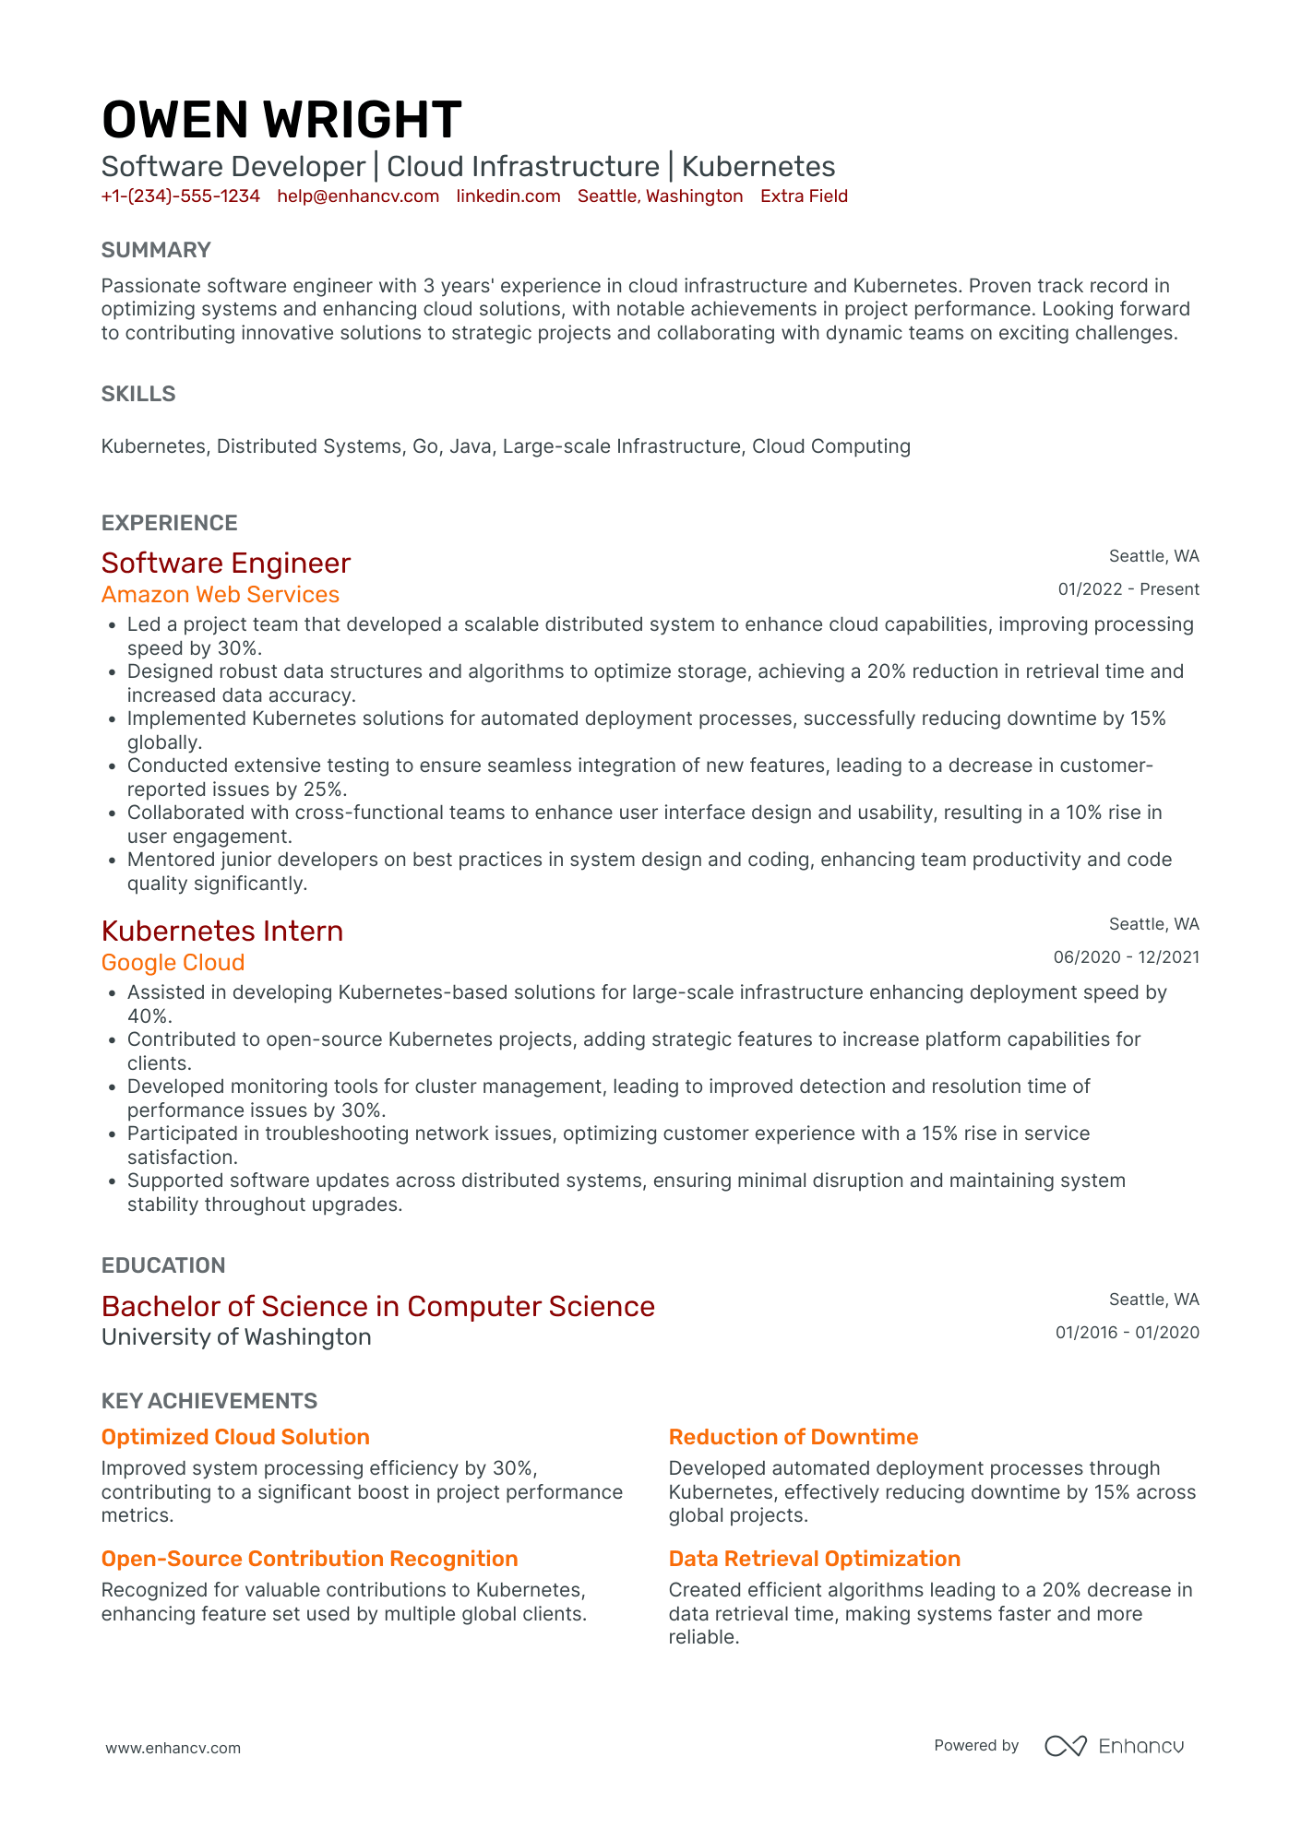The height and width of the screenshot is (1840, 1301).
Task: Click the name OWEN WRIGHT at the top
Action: click(x=281, y=121)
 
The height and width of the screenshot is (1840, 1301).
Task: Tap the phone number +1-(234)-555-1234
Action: click(x=181, y=196)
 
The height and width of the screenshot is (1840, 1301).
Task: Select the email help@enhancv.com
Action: click(x=358, y=196)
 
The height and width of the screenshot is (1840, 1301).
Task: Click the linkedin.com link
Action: click(x=508, y=196)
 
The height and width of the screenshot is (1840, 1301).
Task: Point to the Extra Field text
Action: click(x=804, y=196)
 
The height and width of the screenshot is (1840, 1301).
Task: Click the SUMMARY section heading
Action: click(x=156, y=250)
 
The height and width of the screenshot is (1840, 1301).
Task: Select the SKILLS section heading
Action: click(x=138, y=394)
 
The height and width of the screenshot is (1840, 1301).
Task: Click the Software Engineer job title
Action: click(x=226, y=563)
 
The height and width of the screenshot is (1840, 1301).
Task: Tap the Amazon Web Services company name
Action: click(x=221, y=595)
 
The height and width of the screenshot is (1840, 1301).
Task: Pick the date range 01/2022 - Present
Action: click(x=1128, y=589)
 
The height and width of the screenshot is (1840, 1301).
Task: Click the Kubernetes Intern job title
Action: click(x=222, y=931)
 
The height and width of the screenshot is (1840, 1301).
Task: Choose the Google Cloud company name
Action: click(x=173, y=963)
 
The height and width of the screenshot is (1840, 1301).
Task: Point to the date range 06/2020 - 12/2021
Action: click(x=1127, y=957)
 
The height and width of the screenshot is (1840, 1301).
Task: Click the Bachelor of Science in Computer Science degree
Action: click(x=378, y=1306)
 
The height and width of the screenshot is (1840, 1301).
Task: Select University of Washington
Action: click(x=236, y=1337)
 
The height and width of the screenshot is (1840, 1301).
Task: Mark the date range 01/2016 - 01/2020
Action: click(x=1128, y=1333)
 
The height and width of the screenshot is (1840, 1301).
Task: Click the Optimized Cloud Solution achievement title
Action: click(x=235, y=1437)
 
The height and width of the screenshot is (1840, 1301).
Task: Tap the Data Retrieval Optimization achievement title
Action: click(x=815, y=1559)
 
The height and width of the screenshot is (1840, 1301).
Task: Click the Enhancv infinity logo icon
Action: click(x=1066, y=1746)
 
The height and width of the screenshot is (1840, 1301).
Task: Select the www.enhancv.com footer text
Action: click(x=173, y=1748)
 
